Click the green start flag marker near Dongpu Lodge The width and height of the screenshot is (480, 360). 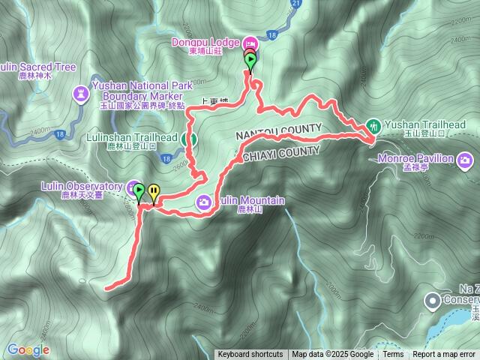(250, 61)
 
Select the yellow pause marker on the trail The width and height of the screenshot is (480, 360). (153, 193)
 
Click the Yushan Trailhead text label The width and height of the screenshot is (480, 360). (424, 124)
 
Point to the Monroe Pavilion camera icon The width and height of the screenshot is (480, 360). (466, 159)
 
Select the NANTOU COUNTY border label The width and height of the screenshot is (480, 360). (279, 130)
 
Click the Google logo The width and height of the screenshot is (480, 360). (28, 349)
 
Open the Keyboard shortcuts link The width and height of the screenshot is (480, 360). (250, 355)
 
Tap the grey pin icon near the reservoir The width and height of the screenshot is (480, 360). (432, 301)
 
